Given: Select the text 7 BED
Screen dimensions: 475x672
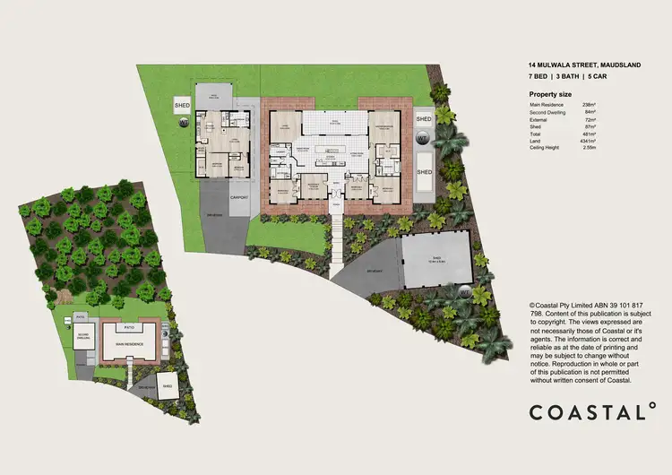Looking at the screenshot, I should tap(539, 78).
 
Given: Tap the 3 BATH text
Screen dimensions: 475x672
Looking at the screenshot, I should tap(568, 78).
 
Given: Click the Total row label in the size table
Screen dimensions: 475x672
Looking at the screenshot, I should tap(536, 133).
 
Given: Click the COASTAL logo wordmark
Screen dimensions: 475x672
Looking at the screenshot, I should tap(586, 412).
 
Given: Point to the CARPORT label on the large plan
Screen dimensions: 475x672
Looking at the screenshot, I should tap(238, 195).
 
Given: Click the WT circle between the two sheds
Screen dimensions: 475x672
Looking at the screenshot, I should tap(423, 139).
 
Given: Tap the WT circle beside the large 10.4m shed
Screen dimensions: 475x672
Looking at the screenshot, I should tap(464, 291).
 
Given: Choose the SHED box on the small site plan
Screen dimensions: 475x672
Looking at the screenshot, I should tap(168, 389).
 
